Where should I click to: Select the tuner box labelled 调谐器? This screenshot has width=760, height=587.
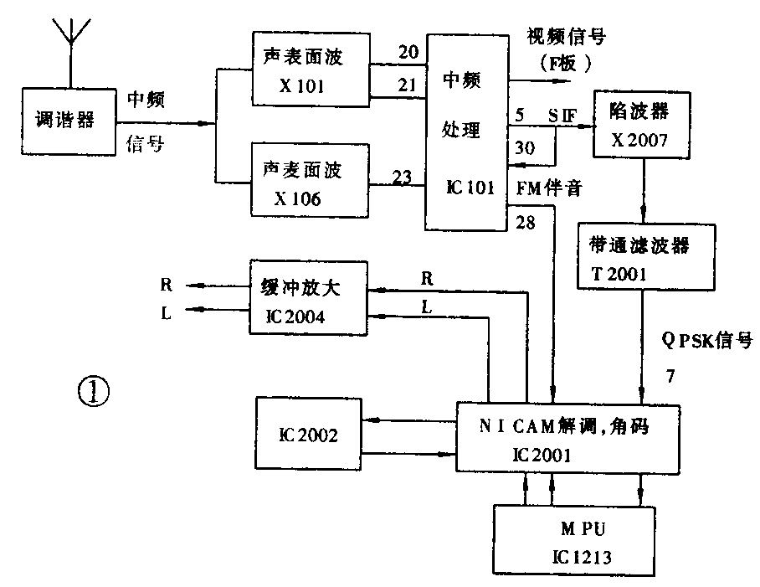click(x=65, y=121)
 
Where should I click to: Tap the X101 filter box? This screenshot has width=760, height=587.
click(x=310, y=69)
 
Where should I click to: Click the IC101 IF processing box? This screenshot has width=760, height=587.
click(x=467, y=132)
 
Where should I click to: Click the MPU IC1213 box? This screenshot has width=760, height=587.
click(x=574, y=540)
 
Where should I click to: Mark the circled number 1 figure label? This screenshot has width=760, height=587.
click(x=94, y=390)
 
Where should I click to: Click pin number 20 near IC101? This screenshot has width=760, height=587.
click(x=408, y=53)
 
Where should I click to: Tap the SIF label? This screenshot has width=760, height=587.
click(x=562, y=113)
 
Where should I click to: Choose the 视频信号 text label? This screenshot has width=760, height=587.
click(x=565, y=36)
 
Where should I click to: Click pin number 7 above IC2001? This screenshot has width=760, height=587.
click(x=670, y=377)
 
